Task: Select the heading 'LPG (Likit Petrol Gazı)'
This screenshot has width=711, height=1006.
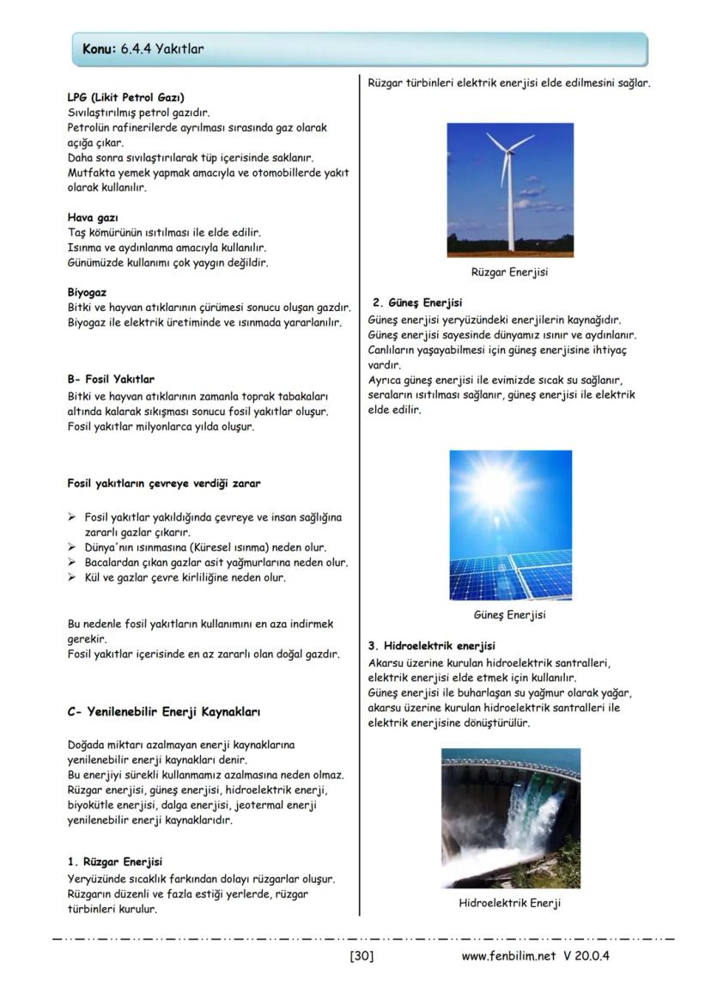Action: coord(125,97)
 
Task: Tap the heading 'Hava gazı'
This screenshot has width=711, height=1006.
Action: coord(93,217)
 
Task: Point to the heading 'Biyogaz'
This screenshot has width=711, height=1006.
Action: coord(87,292)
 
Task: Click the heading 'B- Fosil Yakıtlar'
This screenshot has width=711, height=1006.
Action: coord(111,379)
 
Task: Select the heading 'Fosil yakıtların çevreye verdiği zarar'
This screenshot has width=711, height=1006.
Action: coord(164,483)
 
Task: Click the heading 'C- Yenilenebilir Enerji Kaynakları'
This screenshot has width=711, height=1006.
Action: coord(163,711)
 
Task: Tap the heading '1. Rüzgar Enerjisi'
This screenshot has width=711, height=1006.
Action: coord(114,861)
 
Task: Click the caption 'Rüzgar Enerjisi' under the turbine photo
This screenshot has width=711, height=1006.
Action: coord(509,272)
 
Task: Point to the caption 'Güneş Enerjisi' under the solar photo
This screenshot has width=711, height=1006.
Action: coord(509,615)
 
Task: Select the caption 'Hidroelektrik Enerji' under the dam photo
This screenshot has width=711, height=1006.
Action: coord(509,903)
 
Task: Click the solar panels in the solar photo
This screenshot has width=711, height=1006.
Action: coord(515,571)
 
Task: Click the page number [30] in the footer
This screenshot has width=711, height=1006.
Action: coord(362,955)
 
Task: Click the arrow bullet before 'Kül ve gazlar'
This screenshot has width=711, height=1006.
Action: coord(73,577)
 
